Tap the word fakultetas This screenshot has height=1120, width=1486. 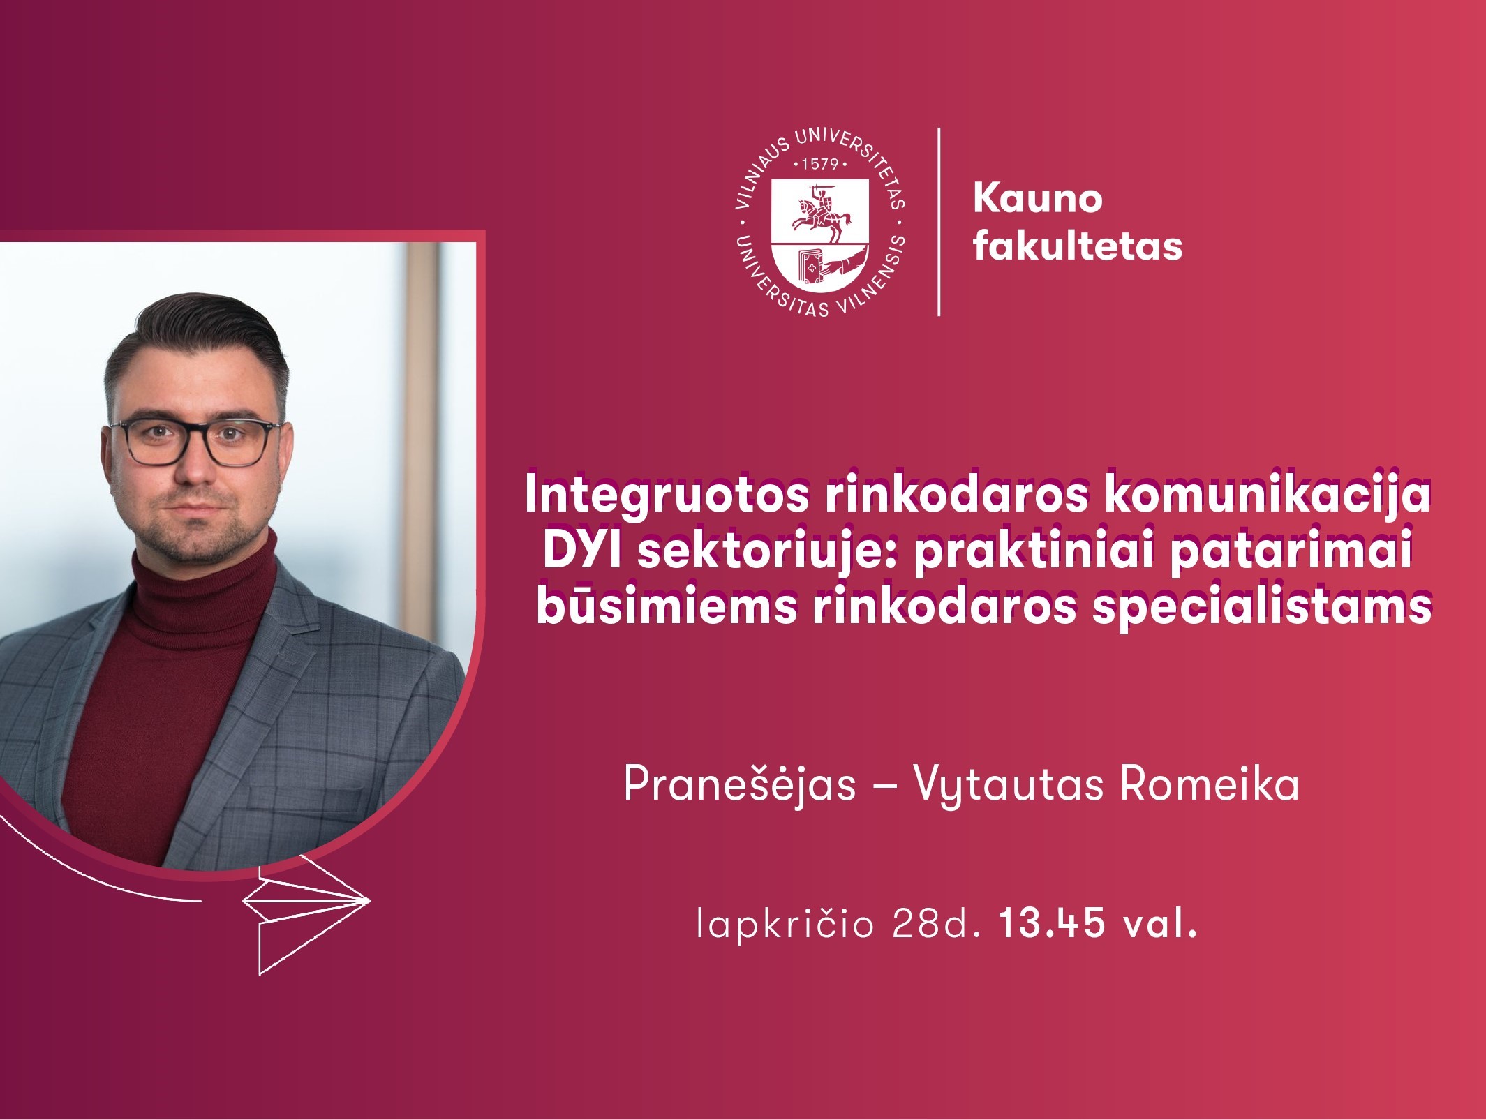coord(1078,245)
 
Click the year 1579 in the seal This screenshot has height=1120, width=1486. coord(820,165)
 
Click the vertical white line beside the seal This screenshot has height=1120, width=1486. coord(939,222)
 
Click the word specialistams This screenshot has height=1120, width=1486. coord(1262,607)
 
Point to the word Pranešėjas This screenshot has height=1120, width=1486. coord(740,784)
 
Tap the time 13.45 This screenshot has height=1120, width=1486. coord(1052,923)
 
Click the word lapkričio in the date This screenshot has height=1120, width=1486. coord(785,924)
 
